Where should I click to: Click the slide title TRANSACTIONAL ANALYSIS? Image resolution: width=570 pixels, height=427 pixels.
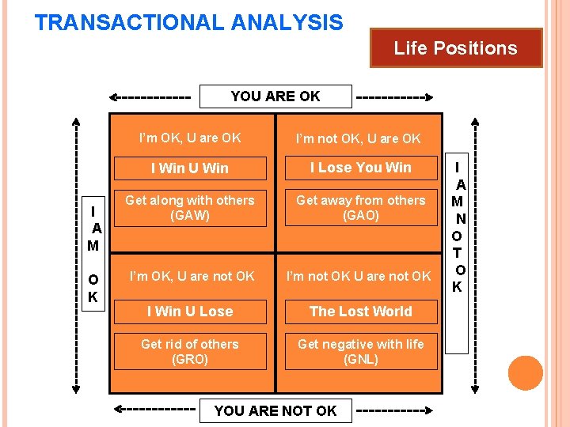189,22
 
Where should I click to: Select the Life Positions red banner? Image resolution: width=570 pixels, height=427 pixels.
455,48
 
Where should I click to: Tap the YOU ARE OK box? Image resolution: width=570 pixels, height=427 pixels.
275,96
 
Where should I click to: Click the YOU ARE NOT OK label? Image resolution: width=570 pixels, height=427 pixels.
275,410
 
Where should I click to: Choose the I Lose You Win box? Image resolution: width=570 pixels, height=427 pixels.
360,168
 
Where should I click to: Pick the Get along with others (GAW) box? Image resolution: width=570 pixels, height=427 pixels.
190,208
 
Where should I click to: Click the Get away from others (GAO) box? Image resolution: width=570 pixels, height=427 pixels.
360,208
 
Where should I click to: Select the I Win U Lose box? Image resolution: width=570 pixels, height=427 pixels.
190,312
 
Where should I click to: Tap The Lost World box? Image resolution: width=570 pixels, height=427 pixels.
360,312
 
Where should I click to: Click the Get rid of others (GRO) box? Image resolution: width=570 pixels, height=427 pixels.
190,352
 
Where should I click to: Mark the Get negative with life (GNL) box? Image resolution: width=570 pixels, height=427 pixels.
360,352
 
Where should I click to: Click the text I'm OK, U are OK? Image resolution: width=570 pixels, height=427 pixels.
190,138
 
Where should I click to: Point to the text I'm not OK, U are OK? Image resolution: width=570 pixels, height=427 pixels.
359,139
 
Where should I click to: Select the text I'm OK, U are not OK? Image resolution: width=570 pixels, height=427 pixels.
192,276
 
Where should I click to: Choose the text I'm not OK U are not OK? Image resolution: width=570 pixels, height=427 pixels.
359,276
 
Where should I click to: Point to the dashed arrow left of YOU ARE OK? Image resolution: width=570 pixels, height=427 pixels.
151,98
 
